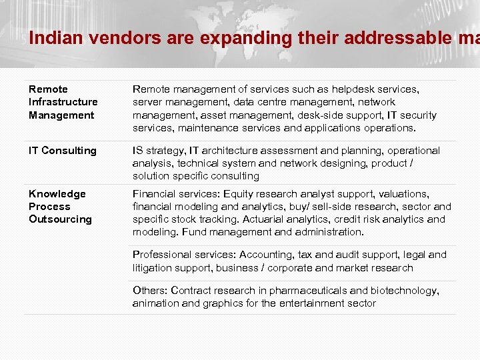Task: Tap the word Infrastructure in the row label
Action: point(63,102)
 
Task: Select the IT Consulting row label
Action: point(63,151)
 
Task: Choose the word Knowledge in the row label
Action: point(57,194)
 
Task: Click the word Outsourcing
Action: point(60,219)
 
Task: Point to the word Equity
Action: point(239,194)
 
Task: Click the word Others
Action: point(150,291)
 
